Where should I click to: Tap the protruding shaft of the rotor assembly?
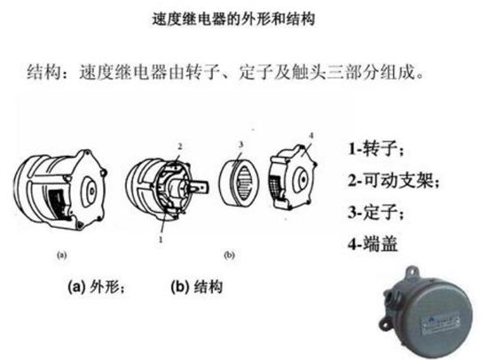coord(205,189)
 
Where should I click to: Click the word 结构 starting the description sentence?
coord(45,69)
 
